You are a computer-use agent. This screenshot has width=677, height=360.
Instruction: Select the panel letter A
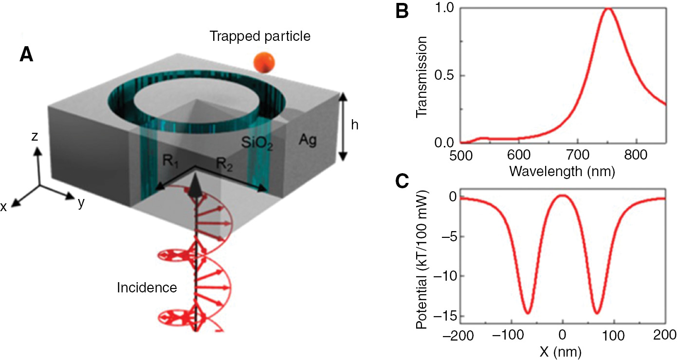pyautogui.click(x=26, y=55)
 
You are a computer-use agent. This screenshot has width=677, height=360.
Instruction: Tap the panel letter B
pyautogui.click(x=402, y=12)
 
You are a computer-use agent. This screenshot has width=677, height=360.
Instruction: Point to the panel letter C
pyautogui.click(x=402, y=181)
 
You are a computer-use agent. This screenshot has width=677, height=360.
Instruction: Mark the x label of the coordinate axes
pyautogui.click(x=4, y=206)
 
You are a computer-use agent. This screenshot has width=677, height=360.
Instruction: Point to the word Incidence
pyautogui.click(x=146, y=288)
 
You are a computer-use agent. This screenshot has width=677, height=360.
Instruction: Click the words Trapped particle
pyautogui.click(x=260, y=36)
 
